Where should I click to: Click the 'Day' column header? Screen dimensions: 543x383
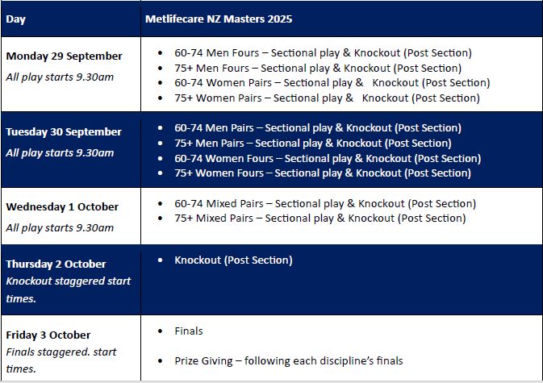point(15,19)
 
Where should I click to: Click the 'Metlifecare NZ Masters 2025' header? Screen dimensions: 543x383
point(219,19)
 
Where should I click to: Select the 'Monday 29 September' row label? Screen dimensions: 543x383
point(64,56)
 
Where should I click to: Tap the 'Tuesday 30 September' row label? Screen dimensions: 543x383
point(64,131)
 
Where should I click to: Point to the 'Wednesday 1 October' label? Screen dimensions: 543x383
point(62,207)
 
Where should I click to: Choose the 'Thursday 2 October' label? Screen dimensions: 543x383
point(56,264)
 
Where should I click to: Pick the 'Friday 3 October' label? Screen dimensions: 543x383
point(48,335)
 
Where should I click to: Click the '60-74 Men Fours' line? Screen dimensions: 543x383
point(323,53)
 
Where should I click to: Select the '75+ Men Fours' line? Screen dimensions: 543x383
point(318,69)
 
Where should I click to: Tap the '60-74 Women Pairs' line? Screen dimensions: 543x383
point(332,83)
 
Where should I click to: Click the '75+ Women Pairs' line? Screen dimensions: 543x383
point(327,98)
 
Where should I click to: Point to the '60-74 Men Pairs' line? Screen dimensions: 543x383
point(318,128)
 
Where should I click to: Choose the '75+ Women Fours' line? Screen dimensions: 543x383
point(323,173)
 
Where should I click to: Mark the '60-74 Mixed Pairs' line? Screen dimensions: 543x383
point(325,203)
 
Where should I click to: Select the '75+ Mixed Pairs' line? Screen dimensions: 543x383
point(320,219)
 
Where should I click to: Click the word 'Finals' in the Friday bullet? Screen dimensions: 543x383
point(189,331)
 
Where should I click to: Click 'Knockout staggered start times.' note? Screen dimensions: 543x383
point(69,289)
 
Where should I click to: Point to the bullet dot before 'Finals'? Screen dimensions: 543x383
point(160,331)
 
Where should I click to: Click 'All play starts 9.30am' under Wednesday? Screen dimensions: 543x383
point(60,227)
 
